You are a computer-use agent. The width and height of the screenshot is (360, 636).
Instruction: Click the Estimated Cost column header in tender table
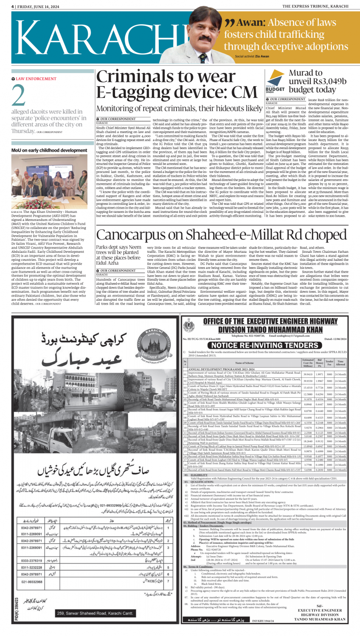(308, 363)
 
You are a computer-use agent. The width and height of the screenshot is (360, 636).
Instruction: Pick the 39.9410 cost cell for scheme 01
(308, 374)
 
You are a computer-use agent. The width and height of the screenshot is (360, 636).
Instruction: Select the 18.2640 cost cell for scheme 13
(308, 441)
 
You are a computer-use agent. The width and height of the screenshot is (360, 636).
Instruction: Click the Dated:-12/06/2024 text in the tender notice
(335, 339)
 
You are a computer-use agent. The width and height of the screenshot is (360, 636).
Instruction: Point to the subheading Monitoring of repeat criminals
(179, 108)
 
